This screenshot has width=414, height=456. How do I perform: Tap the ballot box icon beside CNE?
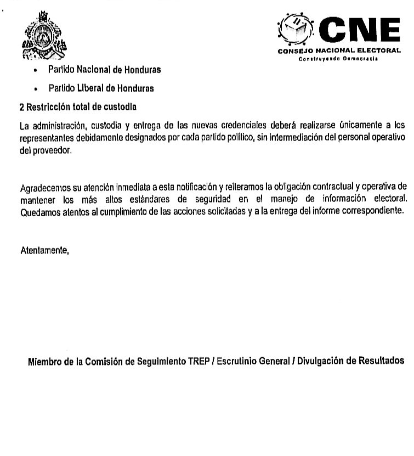coord(296,29)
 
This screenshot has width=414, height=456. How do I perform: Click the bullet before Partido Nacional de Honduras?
coord(35,71)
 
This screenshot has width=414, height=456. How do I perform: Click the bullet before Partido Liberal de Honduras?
coord(35,89)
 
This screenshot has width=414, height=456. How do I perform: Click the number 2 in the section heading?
coord(22,106)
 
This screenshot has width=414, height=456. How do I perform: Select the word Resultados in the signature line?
coord(381,361)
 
